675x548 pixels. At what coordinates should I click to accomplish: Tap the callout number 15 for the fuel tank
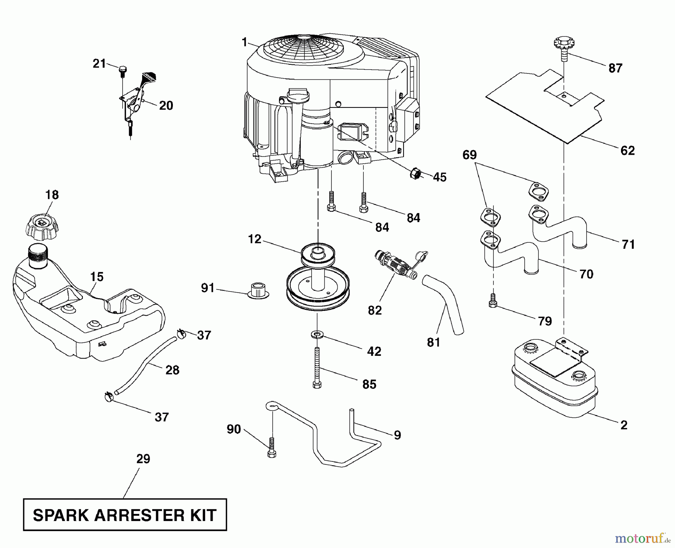97,277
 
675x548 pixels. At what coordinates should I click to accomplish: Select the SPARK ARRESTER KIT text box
125,515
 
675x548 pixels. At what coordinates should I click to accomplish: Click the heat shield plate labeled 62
544,109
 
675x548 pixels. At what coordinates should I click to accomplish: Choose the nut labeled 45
415,173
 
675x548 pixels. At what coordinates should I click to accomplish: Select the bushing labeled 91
258,291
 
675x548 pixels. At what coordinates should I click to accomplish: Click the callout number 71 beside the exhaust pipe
628,244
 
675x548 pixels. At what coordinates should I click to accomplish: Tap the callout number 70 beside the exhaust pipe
586,274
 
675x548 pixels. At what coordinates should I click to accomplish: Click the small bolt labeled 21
123,70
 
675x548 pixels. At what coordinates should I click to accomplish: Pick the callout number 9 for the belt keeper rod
397,435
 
